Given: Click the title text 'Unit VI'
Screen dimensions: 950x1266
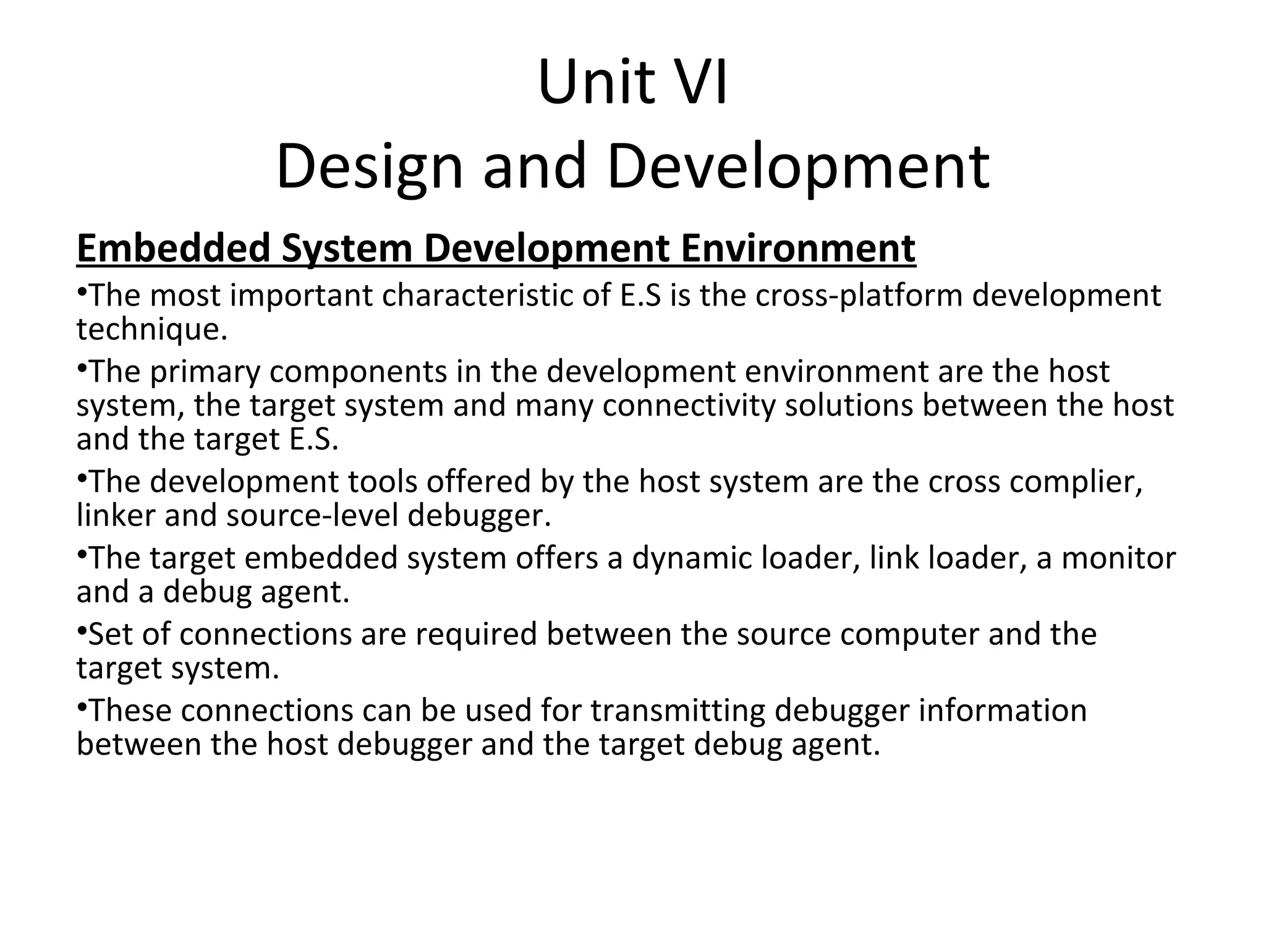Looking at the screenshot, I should (x=632, y=82).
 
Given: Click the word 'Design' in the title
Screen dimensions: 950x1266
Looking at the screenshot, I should (x=369, y=166).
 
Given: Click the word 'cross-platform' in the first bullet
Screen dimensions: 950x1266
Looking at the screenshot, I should (x=859, y=296).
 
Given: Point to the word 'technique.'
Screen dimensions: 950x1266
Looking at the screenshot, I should (x=152, y=329).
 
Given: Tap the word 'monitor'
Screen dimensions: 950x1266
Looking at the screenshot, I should (x=1118, y=558).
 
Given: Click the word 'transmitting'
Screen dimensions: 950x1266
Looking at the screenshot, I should (x=678, y=711).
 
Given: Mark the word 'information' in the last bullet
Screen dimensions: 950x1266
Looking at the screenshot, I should (x=1002, y=711).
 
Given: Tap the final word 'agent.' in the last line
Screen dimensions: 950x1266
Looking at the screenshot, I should (x=835, y=744).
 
